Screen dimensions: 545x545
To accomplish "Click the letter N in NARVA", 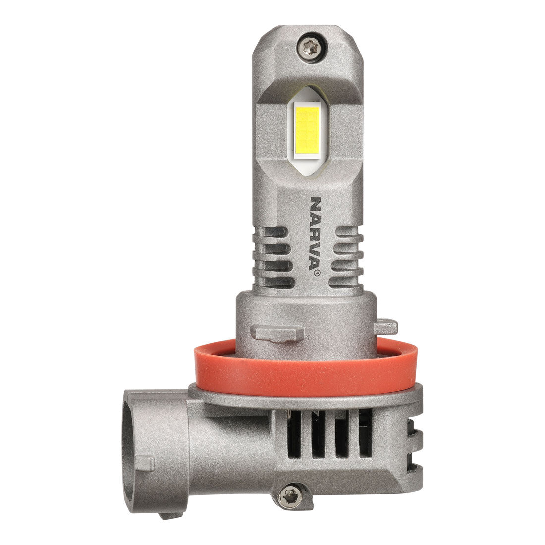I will coord(316,204).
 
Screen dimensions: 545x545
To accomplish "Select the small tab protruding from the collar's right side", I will coord(386,327).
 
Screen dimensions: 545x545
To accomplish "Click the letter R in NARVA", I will coord(316,231).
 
